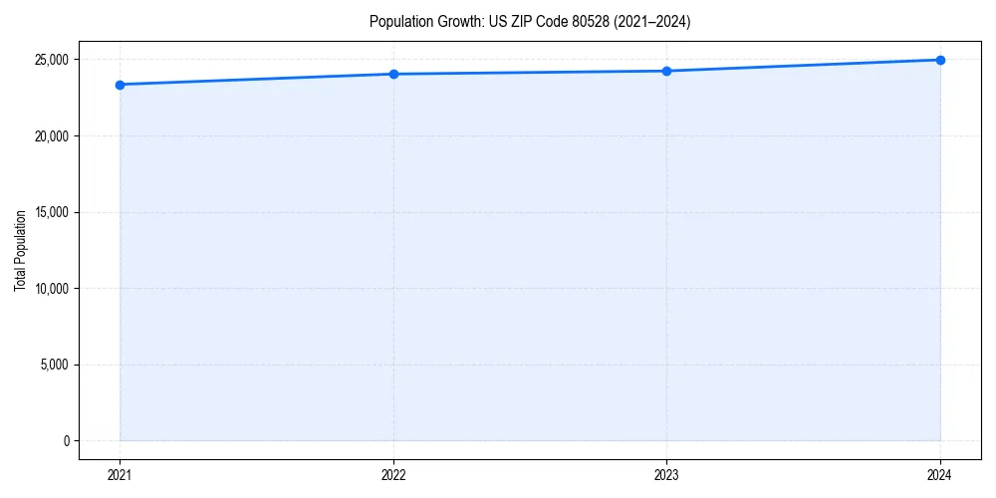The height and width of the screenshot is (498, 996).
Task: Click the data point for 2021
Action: [x=120, y=85]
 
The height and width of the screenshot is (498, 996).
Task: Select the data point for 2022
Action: [x=393, y=74]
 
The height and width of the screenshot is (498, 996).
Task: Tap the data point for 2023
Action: [x=666, y=71]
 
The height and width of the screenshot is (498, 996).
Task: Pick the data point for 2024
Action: [x=940, y=60]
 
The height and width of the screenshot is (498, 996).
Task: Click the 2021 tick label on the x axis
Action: [x=120, y=475]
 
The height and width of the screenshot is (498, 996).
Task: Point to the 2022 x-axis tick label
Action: [x=393, y=475]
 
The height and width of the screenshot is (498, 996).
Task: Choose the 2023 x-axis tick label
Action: [x=666, y=475]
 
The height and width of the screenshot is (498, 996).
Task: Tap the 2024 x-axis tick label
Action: [x=940, y=475]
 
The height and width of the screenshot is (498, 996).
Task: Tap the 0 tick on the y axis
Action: [x=66, y=441]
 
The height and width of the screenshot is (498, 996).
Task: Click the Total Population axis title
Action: [x=20, y=250]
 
